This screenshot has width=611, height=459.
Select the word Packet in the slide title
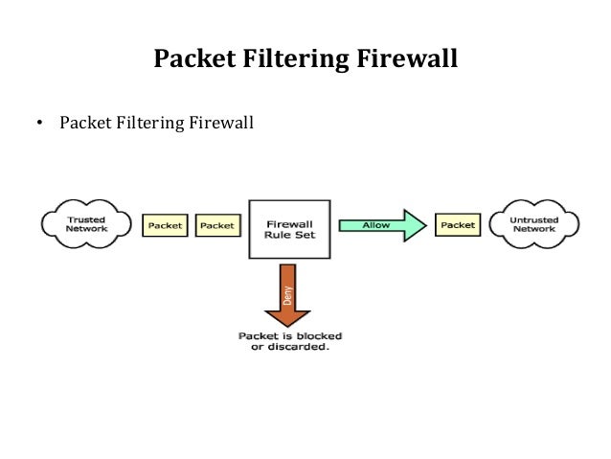click(199, 60)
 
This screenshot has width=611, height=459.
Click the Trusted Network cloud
click(85, 224)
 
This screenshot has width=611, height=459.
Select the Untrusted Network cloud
click(533, 224)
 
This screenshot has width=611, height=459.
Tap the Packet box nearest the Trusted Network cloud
click(165, 225)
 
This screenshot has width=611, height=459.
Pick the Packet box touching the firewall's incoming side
click(217, 225)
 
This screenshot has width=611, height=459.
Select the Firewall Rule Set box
click(288, 229)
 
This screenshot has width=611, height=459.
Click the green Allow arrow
click(378, 225)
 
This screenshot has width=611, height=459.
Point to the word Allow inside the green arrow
click(375, 225)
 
